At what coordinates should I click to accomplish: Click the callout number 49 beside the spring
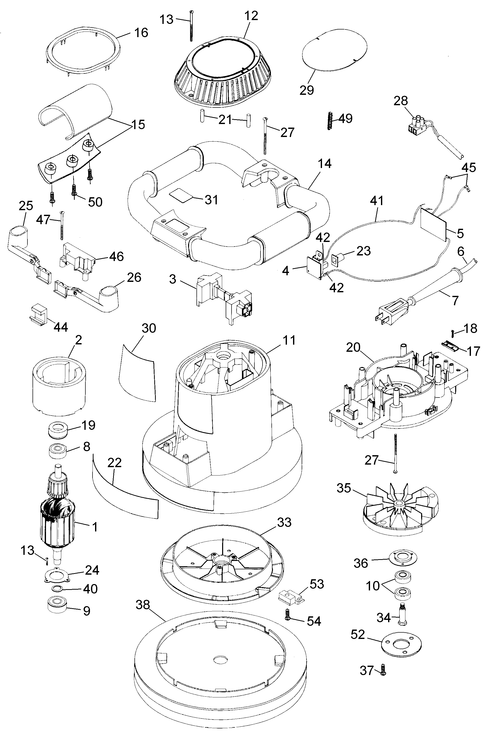tap(345, 118)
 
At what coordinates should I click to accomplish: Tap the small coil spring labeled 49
tap(329, 121)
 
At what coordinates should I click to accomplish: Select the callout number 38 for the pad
tap(143, 605)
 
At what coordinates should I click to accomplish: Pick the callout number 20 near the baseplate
tap(353, 347)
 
